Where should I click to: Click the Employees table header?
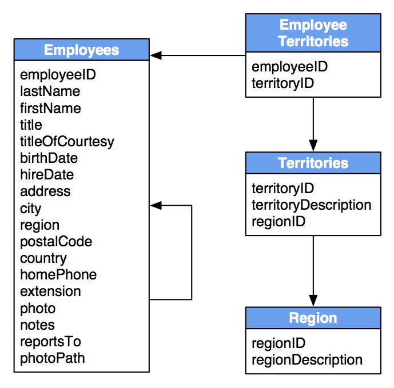[82, 50]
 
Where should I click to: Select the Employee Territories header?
[313, 33]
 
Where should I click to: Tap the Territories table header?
[313, 163]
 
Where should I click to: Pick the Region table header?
[313, 318]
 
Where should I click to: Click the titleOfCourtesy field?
[67, 142]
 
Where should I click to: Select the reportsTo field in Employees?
[50, 342]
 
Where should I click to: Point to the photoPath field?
[52, 358]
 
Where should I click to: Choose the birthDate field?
[49, 158]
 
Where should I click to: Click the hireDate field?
[47, 175]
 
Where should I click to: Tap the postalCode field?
[56, 242]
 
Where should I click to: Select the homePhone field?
[58, 275]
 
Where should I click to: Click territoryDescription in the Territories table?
[311, 205]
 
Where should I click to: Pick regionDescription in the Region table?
[307, 360]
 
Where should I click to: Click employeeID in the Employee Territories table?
[289, 67]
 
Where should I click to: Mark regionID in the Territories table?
[278, 222]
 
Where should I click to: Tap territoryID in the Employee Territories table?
[282, 83]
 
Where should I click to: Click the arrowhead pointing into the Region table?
[313, 301]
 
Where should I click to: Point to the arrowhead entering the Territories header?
[313, 146]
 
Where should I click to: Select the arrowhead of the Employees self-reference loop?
[156, 205]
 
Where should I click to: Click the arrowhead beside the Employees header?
[156, 55]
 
